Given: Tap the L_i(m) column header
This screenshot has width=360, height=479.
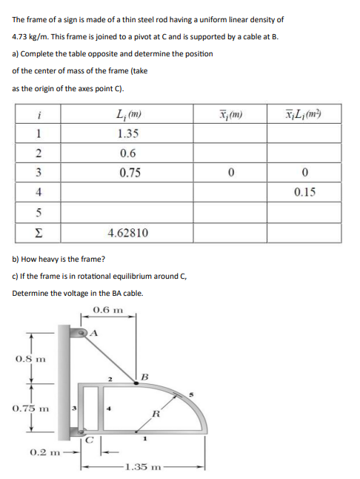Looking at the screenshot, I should point(130,115).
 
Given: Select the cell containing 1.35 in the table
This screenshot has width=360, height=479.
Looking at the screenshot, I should point(130,134).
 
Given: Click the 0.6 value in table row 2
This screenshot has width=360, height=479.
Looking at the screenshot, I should point(130,153).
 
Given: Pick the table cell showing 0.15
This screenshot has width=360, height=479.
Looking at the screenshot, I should point(305,192).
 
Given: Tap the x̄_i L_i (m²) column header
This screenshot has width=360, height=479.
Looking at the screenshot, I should point(304,115).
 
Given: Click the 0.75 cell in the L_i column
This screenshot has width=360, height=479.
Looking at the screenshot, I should point(130,173).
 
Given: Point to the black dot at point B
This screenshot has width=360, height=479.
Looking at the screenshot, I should point(135,383).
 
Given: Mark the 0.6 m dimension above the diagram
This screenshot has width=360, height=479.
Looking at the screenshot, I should point(108,309).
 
